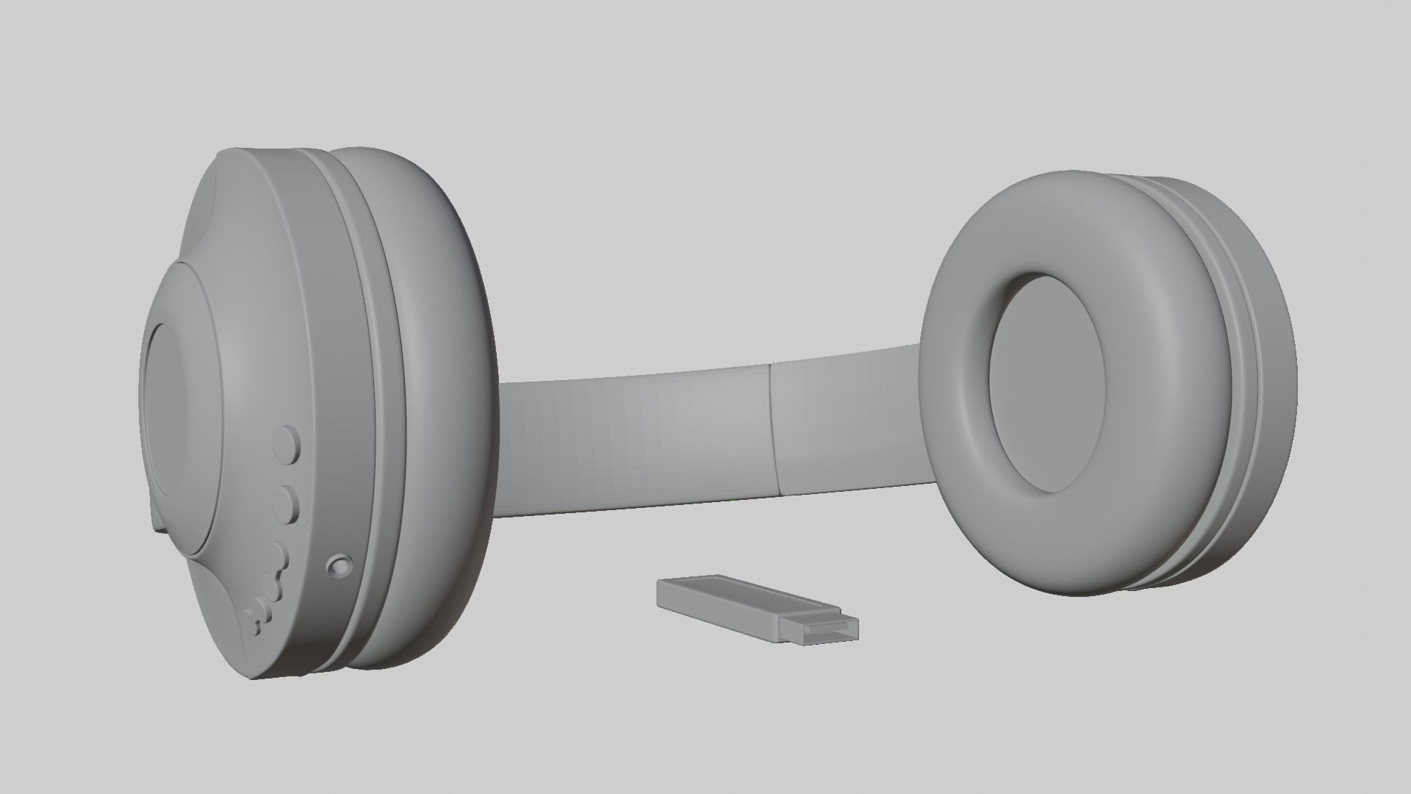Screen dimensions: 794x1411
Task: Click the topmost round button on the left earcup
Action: tap(287, 443)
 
